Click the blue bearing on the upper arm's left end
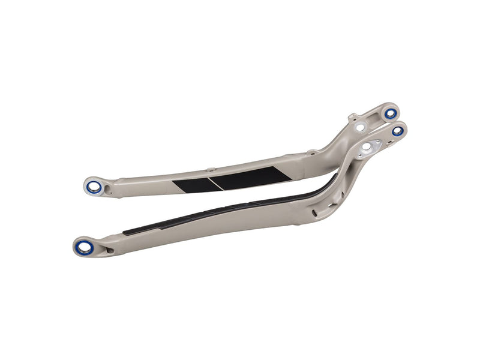point(94,187)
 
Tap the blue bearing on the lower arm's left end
point(85,245)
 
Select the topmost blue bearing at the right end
point(391,113)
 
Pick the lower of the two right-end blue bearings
point(398,131)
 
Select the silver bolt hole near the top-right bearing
point(360,127)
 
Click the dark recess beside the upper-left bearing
point(109,190)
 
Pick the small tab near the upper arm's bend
point(312,152)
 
